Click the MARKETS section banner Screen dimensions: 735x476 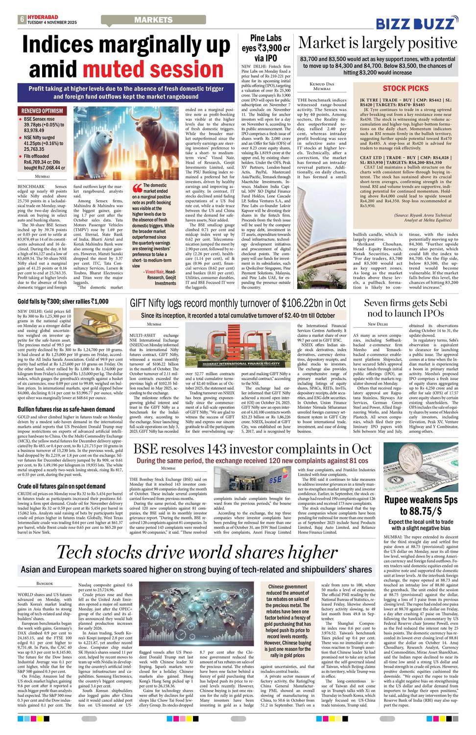point(153,20)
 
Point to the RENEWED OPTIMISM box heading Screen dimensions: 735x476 point(42,111)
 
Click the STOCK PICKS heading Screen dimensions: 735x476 point(405,88)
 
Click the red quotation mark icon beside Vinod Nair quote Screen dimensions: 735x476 point(137,188)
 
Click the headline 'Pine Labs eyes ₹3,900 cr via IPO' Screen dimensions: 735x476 point(266,48)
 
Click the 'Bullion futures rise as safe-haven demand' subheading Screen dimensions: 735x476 point(66,409)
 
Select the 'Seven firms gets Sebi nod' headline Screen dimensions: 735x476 point(405,308)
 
